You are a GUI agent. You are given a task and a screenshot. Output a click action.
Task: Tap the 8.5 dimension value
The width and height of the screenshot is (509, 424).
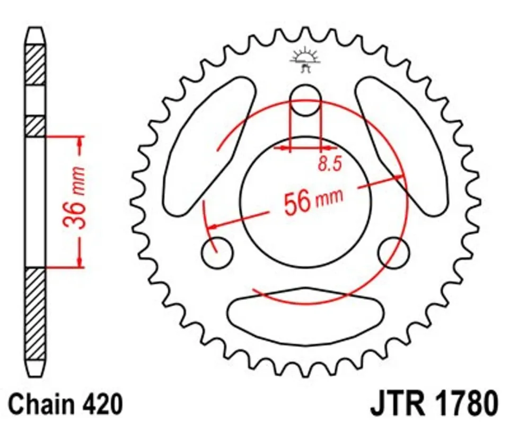[x=330, y=163]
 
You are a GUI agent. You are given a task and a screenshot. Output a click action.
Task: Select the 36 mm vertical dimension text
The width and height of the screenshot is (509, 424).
[x=74, y=198]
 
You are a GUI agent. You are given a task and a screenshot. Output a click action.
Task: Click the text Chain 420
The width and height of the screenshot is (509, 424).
[x=66, y=404]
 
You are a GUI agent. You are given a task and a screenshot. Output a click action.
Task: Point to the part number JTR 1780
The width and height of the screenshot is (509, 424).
[x=435, y=404]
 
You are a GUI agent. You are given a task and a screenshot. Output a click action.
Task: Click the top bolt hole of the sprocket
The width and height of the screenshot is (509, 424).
[x=305, y=100]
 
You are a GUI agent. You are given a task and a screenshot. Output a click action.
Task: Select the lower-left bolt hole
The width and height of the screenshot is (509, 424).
[x=217, y=252]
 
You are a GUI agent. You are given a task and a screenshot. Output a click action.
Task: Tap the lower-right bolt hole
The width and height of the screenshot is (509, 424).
[x=393, y=252]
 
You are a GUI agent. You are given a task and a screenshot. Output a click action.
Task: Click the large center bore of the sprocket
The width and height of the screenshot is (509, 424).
[x=305, y=202]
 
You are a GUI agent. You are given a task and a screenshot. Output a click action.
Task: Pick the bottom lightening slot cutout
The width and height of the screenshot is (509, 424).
[x=305, y=316]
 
